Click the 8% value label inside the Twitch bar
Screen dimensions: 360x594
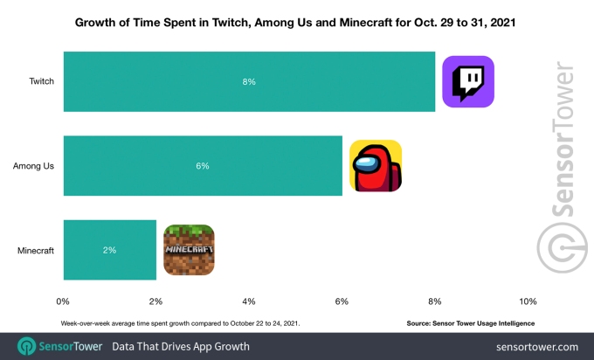(249, 81)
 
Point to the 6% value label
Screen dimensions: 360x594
(203, 165)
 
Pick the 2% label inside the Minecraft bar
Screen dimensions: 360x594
(109, 250)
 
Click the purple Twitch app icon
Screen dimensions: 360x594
(468, 81)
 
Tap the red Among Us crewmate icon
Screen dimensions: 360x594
(376, 165)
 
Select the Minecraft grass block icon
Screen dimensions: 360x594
(190, 250)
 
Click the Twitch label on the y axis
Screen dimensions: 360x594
(41, 81)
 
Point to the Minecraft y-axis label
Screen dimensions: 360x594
(36, 250)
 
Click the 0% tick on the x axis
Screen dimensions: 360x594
(63, 301)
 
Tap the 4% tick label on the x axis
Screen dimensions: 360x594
(249, 301)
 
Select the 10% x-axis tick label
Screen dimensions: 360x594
(527, 301)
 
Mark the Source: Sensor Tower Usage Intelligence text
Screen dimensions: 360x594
(471, 322)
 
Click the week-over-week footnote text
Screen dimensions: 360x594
(181, 322)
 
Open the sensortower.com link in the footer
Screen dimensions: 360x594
(536, 347)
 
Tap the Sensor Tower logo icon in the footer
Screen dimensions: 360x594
(26, 346)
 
